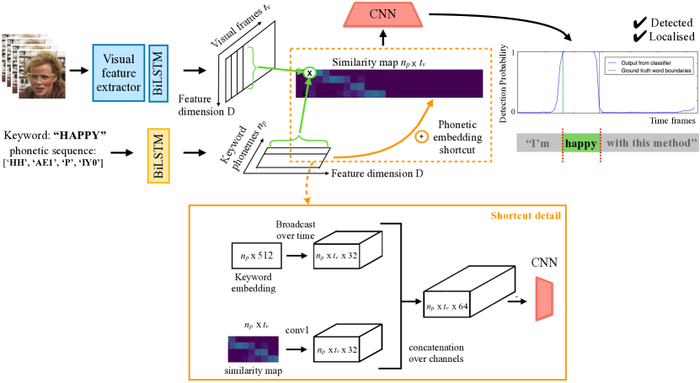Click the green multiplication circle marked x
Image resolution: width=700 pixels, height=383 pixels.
pyautogui.click(x=309, y=73)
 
